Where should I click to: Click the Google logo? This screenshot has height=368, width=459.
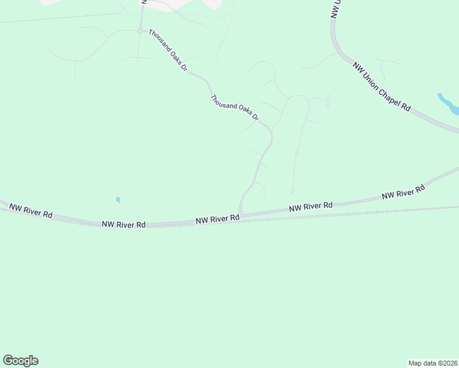[x=20, y=361]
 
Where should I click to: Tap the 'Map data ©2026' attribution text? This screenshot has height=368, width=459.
[x=433, y=362]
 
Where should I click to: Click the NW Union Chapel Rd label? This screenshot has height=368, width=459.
[x=381, y=86]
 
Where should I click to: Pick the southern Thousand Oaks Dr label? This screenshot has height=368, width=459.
[x=235, y=108]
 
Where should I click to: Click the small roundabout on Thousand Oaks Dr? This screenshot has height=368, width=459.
[x=140, y=31]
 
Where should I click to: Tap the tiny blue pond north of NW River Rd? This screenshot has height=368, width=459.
[x=117, y=200]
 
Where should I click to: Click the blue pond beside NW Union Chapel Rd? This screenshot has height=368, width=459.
[x=449, y=104]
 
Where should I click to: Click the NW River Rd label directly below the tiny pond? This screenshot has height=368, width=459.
[x=124, y=225]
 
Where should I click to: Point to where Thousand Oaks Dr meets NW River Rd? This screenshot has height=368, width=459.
[x=241, y=214]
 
